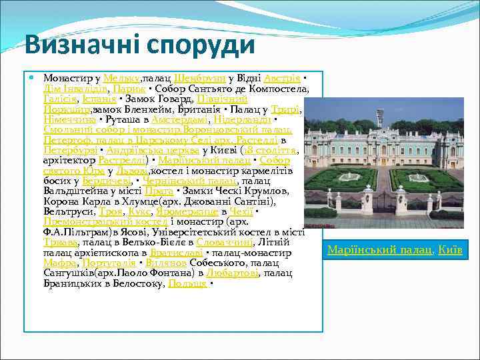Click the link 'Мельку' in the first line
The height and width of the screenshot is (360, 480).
[121, 79]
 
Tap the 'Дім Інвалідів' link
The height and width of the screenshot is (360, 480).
[74, 89]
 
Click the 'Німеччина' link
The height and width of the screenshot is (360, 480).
[69, 119]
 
